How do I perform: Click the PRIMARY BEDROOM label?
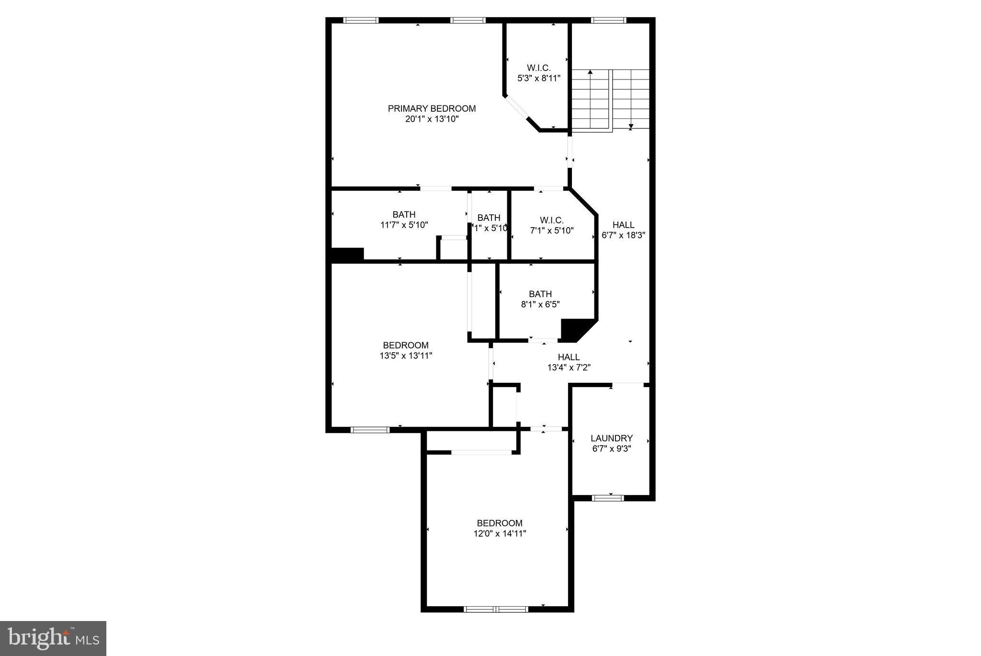pos(432,109)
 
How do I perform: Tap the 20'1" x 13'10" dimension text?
pos(432,119)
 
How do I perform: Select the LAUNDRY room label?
pos(611,438)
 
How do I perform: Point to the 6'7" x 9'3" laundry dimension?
pos(611,449)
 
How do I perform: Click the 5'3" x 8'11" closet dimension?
pos(538,78)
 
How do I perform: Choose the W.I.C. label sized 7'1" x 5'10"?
pos(551,220)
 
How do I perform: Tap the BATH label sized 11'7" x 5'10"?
pos(404,214)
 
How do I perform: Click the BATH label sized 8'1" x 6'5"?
pos(540,294)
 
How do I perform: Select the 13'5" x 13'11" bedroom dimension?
pos(406,356)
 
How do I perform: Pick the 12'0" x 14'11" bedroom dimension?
pos(499,534)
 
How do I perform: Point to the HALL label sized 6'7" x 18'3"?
pos(623,225)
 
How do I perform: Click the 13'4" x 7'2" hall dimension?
pos(569,368)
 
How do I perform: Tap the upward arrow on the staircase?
pos(590,72)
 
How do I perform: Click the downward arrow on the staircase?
pos(631,127)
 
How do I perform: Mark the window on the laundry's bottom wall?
pos(608,498)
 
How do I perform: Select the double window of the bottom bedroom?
pos(495,610)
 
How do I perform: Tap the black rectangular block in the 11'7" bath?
pos(347,254)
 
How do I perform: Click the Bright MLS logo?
pos(53,638)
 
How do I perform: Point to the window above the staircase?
pos(608,20)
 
